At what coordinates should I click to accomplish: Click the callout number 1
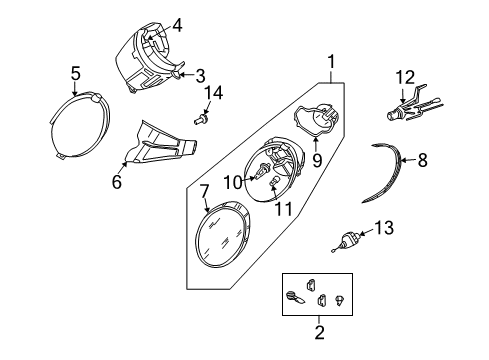click(x=331, y=62)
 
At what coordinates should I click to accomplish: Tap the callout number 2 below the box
click(x=319, y=332)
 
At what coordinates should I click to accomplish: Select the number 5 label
click(x=76, y=73)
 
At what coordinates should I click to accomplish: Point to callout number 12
click(x=405, y=77)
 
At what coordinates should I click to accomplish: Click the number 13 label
click(x=384, y=228)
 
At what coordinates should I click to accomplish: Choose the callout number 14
click(x=213, y=93)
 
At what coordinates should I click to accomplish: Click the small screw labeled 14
click(x=201, y=118)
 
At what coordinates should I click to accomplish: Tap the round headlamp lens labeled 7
click(x=222, y=234)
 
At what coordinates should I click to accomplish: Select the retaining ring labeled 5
click(x=80, y=95)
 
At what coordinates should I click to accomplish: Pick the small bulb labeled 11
click(x=272, y=182)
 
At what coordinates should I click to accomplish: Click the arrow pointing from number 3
click(x=187, y=74)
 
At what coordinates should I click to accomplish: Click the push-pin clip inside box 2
click(x=340, y=300)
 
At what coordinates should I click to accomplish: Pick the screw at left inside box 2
click(x=295, y=297)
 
